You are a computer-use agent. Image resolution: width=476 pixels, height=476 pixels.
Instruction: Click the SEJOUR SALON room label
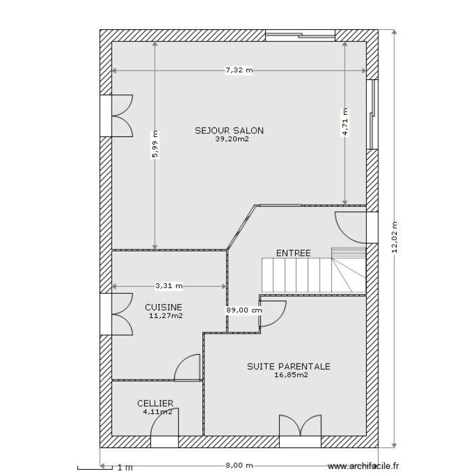click(229, 131)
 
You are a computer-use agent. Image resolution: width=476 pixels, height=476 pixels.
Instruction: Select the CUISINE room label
click(163, 307)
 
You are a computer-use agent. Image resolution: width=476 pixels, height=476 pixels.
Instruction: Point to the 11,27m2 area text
click(166, 315)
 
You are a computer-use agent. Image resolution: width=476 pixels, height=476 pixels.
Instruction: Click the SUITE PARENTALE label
click(289, 366)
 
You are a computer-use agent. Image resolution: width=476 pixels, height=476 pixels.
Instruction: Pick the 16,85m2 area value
click(291, 375)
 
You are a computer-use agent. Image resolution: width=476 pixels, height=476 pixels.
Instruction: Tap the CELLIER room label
click(155, 403)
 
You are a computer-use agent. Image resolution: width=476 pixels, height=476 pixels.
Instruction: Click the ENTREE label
click(293, 253)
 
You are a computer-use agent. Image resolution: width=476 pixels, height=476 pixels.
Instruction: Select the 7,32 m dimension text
click(239, 70)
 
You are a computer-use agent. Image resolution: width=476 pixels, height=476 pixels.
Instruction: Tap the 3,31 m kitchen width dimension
click(168, 286)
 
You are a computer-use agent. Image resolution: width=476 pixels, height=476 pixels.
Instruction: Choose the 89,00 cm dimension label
click(244, 310)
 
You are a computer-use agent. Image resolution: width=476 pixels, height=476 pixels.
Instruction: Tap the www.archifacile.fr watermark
click(364, 466)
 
